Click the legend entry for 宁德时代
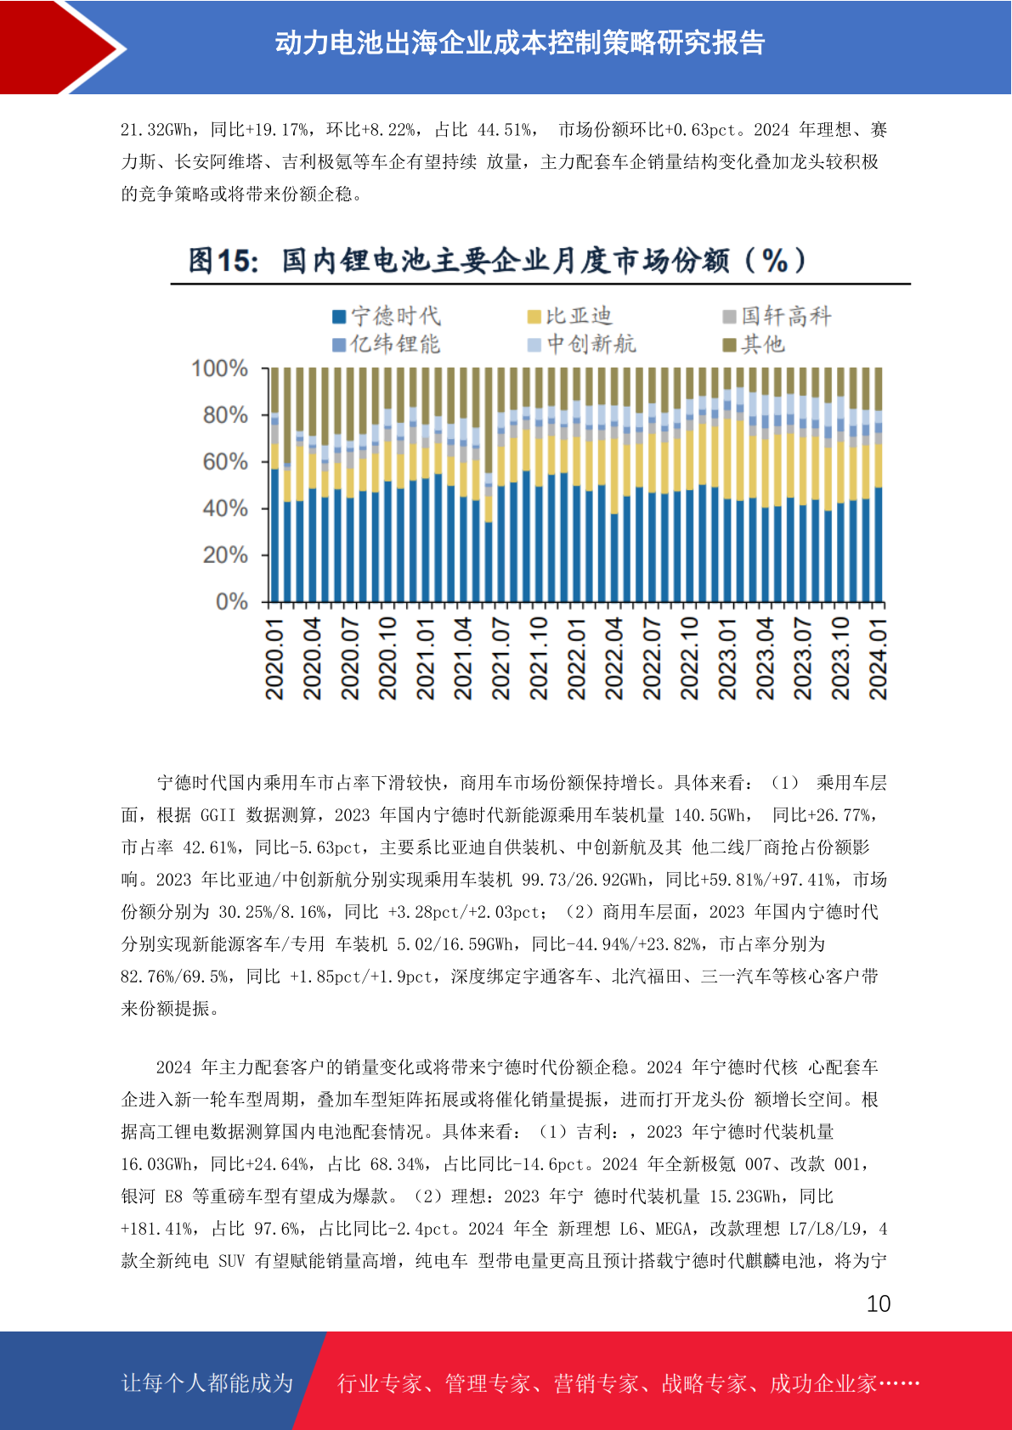387,316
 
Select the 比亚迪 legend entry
569,316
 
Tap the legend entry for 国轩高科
777,316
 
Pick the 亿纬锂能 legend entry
387,344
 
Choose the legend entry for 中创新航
581,344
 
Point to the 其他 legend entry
753,344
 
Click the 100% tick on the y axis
220,369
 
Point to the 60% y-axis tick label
225,462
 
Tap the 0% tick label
232,601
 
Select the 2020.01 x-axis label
274,659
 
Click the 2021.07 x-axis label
500,659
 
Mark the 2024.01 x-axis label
878,659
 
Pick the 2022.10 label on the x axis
689,659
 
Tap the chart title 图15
223,261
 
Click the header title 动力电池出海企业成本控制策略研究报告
520,43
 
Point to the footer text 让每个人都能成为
207,1382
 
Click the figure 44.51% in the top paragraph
504,130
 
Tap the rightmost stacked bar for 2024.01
879,485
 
